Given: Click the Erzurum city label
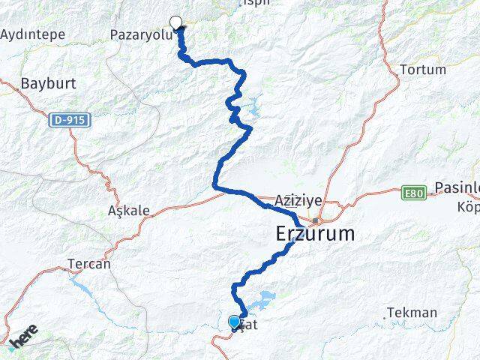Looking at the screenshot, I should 315,234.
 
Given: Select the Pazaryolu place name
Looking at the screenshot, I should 140,34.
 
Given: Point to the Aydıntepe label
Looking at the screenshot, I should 33,34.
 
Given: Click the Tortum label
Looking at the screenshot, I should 423,70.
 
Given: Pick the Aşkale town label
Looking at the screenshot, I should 129,211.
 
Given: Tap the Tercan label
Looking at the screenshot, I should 89,264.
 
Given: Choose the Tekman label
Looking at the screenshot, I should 412,313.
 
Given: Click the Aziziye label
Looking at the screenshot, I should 298,201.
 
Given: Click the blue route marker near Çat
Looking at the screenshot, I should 235,322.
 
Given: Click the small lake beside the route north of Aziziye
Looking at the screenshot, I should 250,111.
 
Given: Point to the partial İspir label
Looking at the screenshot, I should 252,4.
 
